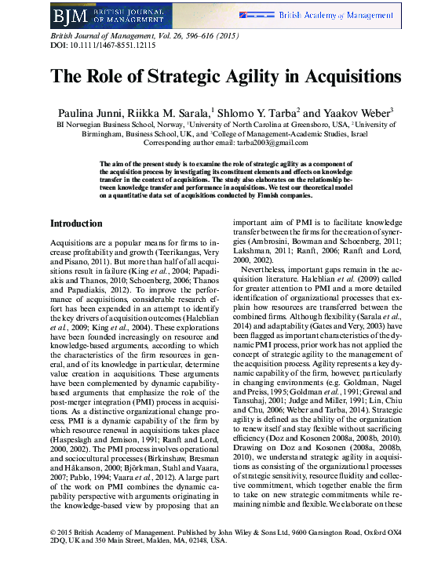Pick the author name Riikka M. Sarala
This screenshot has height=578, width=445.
pyautogui.click(x=177, y=112)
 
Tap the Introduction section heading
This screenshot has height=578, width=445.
pyautogui.click(x=76, y=224)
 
